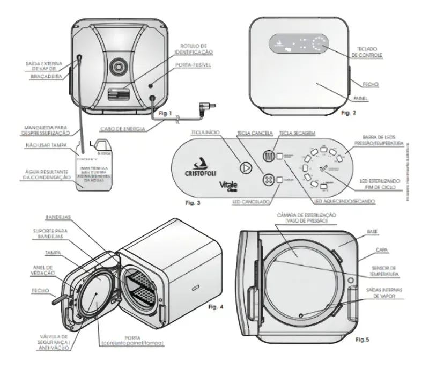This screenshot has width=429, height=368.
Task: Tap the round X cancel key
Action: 267,180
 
